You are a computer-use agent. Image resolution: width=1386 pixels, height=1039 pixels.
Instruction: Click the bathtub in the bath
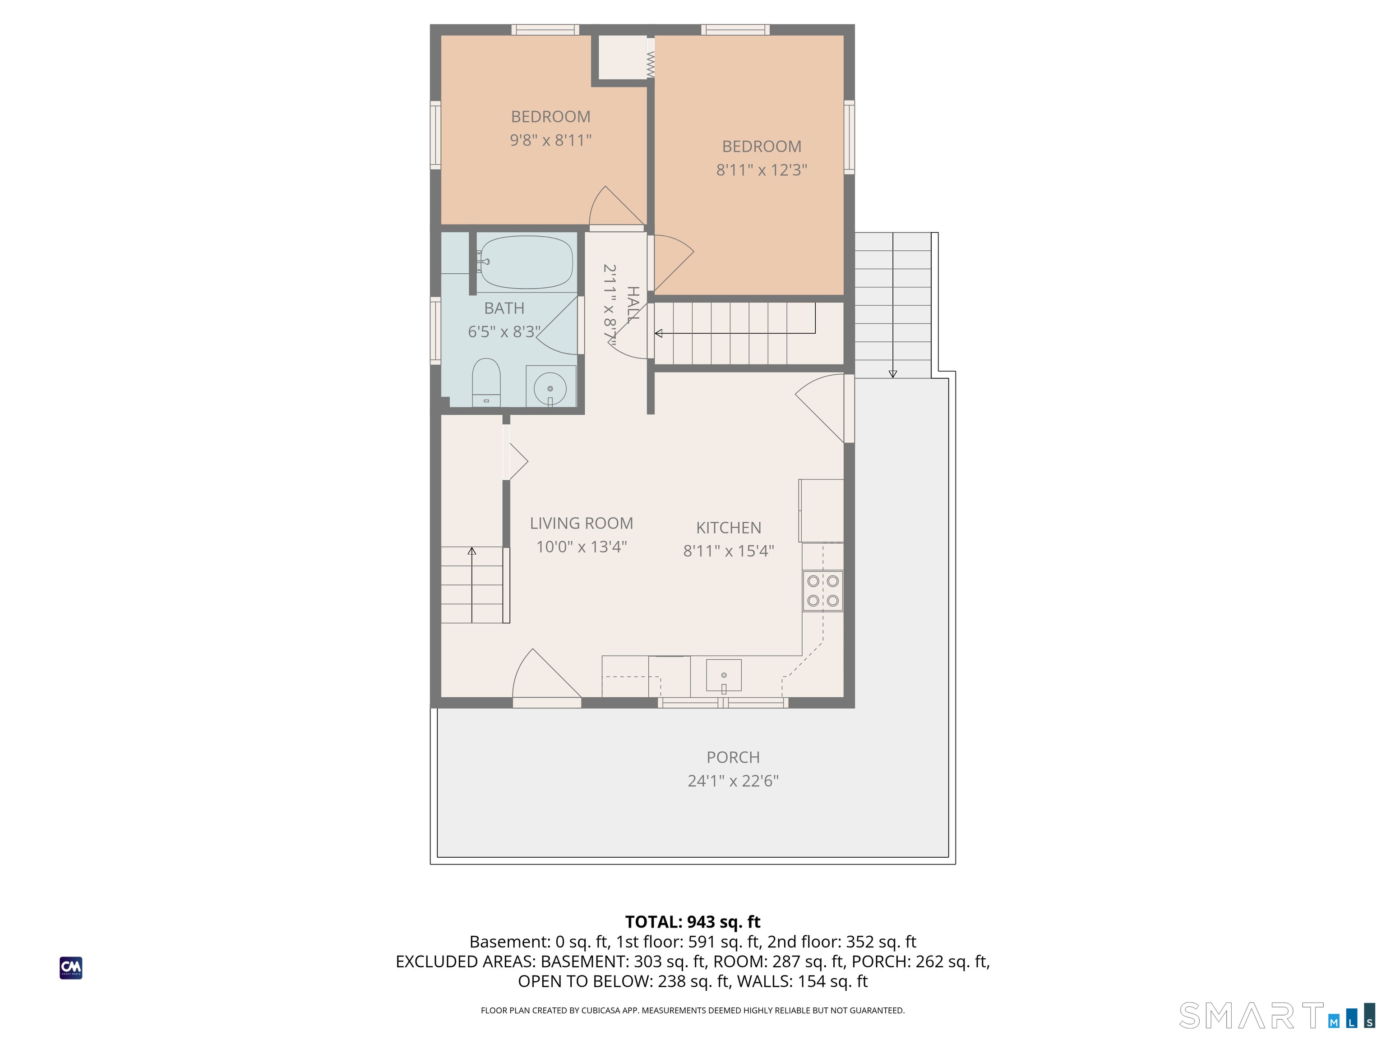[527, 262]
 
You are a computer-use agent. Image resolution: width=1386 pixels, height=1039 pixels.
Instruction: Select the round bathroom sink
[550, 388]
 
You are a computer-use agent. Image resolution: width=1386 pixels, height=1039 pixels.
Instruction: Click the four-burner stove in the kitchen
[822, 591]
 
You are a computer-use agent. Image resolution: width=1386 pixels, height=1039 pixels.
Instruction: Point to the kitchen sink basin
[724, 675]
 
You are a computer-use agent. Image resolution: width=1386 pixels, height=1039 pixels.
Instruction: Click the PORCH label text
[733, 757]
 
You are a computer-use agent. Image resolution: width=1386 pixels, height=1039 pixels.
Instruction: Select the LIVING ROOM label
[582, 523]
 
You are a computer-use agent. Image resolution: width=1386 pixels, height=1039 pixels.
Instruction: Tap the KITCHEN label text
[729, 527]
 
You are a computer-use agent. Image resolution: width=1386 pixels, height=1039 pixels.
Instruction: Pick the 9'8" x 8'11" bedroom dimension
[551, 140]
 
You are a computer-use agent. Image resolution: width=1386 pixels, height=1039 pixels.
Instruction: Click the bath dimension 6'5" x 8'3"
[504, 331]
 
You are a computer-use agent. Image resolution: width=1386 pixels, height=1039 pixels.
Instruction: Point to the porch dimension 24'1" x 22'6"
[733, 780]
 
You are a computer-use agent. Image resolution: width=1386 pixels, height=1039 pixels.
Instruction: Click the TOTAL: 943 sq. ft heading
[693, 922]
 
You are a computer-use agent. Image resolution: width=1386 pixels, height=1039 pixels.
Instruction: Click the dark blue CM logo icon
[71, 968]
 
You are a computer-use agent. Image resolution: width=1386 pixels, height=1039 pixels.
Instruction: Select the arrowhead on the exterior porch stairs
[893, 374]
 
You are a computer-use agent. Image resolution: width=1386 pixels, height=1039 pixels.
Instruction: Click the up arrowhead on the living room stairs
[472, 551]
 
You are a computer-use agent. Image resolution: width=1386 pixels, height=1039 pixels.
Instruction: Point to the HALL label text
[633, 304]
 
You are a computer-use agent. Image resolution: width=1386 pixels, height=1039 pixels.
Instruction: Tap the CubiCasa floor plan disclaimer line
[693, 1010]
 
